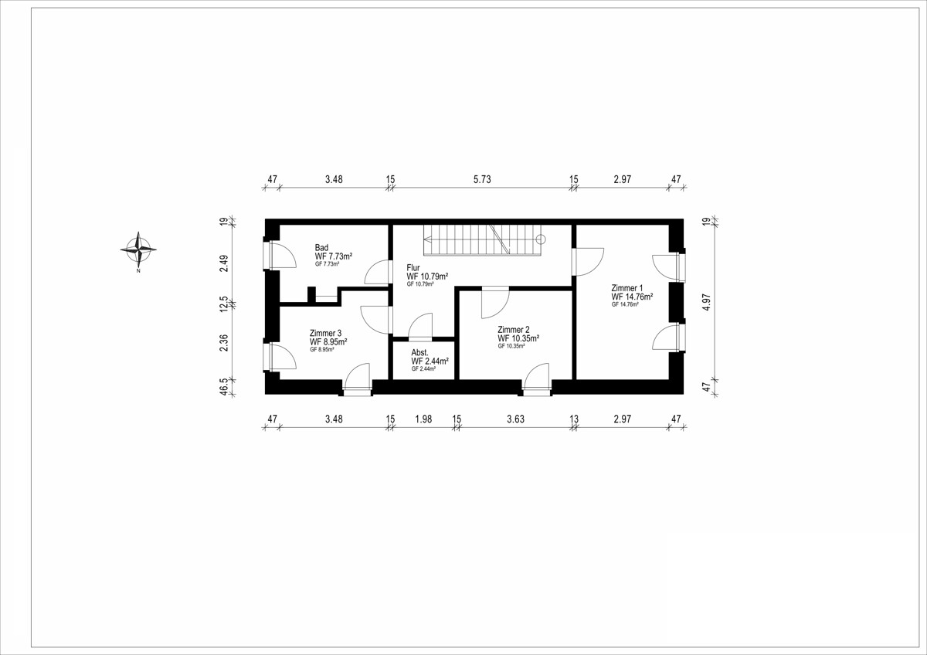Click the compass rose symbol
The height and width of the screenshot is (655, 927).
138,249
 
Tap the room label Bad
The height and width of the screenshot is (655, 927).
321,248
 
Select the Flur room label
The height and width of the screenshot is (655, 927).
413,268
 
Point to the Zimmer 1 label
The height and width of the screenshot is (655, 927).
627,288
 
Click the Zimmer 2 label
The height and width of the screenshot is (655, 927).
513,330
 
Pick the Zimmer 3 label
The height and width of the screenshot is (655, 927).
325,333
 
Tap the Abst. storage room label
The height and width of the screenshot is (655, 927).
419,353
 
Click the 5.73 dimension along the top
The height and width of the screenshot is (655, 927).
482,179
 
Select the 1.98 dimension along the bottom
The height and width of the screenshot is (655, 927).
423,419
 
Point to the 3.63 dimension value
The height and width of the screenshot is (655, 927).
516,419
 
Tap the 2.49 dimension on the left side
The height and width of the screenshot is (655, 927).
224,263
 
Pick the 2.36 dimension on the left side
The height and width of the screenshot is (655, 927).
224,343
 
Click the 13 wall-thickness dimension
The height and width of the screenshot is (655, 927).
573,419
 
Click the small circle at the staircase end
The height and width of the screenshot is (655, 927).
541,239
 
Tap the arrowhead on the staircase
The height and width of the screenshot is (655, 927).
427,239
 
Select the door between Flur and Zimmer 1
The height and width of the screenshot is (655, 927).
587,262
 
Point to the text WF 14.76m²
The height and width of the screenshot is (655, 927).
632,297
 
